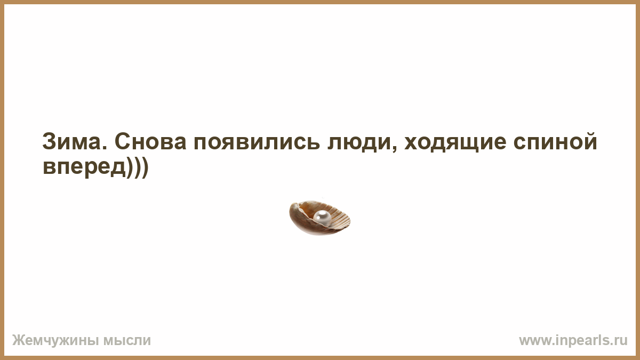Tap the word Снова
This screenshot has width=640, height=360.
[x=150, y=142]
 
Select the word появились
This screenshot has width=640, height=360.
[x=257, y=142]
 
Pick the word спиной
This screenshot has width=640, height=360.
[x=555, y=141]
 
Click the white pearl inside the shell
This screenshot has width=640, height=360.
[x=322, y=218]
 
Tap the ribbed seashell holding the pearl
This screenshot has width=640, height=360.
[x=319, y=218]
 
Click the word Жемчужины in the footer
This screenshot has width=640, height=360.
[x=55, y=341]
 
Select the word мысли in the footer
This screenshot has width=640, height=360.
[x=127, y=341]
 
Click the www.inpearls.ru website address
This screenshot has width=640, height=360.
[x=573, y=341]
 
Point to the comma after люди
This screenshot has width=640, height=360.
[x=395, y=148]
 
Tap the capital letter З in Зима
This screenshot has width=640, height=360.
[x=49, y=142]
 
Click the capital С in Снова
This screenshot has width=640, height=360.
[x=123, y=142]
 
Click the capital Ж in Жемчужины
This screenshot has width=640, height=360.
[x=19, y=340]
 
